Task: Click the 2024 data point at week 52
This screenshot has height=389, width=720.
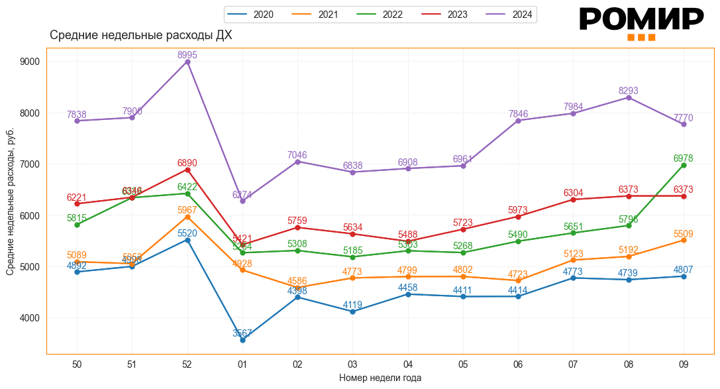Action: click(187, 62)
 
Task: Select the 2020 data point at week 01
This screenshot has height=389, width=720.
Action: click(242, 340)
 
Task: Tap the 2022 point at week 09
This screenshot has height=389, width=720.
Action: click(684, 165)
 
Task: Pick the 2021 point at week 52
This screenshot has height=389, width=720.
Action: click(187, 217)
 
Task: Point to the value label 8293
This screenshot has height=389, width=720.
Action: click(629, 91)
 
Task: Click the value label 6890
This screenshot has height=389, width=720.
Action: click(187, 163)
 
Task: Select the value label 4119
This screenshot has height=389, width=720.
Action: click(352, 305)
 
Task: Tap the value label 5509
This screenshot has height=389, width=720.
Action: click(684, 233)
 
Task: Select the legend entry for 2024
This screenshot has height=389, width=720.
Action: click(511, 15)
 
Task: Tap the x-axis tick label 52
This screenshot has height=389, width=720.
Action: click(187, 364)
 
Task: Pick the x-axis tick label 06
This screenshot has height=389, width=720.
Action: click(518, 364)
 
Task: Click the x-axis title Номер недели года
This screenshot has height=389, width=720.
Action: click(380, 378)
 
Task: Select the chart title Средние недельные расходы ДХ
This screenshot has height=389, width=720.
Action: click(141, 35)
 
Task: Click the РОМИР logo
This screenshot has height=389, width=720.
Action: click(641, 23)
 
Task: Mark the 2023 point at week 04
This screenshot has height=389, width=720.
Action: click(408, 241)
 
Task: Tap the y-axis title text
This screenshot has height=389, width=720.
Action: click(11, 202)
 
